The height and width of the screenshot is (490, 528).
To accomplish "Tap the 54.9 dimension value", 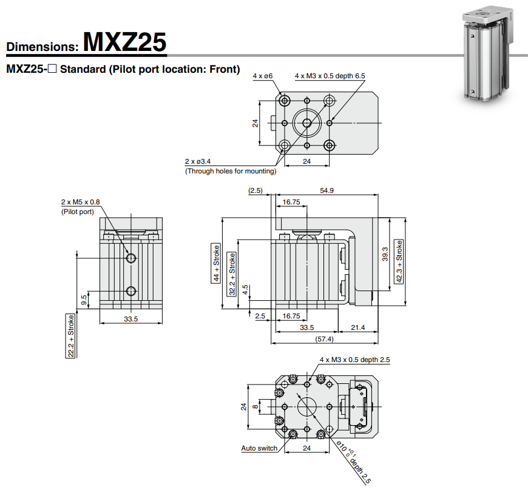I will (327, 190).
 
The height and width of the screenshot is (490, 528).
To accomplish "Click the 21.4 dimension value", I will (358, 327).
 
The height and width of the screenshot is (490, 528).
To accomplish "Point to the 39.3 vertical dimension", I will (385, 253).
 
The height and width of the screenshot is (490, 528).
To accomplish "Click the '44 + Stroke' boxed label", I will (215, 263).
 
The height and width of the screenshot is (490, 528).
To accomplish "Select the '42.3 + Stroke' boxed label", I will (399, 261).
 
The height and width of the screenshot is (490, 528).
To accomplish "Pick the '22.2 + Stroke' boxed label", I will (71, 335).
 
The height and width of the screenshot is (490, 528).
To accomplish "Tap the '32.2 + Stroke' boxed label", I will (232, 274).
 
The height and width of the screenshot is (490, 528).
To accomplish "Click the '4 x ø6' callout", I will (263, 76).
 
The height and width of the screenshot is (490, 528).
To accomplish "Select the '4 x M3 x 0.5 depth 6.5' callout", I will (330, 76).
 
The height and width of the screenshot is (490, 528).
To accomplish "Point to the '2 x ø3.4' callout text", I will (198, 161).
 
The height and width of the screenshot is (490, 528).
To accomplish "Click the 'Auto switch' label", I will (259, 449).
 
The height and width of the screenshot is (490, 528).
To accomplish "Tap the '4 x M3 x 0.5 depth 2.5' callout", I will (355, 360).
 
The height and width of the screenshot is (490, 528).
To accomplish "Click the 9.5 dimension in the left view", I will (84, 299).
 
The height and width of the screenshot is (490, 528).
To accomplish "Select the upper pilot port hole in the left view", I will (131, 258).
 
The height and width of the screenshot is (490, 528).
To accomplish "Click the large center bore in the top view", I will (307, 123).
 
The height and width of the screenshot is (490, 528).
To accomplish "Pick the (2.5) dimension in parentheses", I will (255, 190).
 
